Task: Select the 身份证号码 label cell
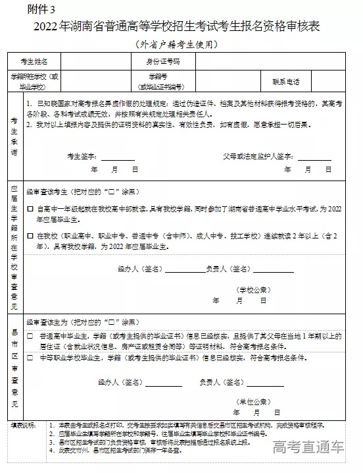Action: pyautogui.click(x=162, y=61)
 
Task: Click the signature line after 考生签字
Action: pyautogui.click(x=118, y=157)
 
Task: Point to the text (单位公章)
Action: pyautogui.click(x=253, y=401)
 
